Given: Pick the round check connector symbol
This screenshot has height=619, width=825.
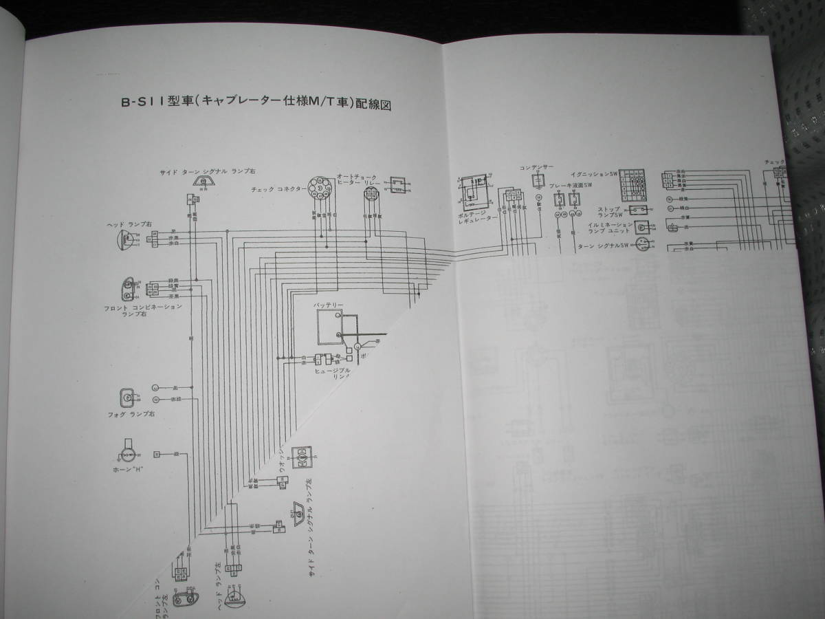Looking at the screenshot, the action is click(x=322, y=188).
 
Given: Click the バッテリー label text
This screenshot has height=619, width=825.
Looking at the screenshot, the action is click(x=329, y=304).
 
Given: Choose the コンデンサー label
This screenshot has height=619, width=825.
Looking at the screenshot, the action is click(x=536, y=167).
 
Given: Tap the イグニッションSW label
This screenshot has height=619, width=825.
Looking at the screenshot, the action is click(x=591, y=175).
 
